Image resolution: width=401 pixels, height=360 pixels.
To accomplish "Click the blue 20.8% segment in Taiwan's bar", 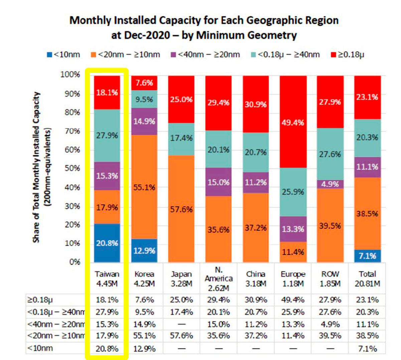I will tap(107, 243).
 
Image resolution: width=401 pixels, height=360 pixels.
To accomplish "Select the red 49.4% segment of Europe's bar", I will tap(293, 122).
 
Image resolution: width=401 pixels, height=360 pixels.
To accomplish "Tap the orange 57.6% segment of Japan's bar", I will tap(181, 209).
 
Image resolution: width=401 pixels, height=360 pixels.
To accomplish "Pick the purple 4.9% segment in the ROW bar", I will tap(330, 184).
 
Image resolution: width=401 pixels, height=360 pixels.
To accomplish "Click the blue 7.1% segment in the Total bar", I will tap(367, 256).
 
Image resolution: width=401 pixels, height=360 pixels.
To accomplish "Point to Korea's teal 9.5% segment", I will tap(144, 99).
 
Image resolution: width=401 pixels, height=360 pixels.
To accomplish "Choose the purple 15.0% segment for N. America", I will tap(218, 182).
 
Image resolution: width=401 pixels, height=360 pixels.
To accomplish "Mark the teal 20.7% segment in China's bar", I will tap(256, 152).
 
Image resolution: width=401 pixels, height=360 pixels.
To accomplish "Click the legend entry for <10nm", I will tap(63, 55).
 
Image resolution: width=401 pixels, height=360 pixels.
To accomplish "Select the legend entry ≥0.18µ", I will tap(348, 55).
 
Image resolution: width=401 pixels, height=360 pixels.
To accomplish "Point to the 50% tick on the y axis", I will tap(72, 168).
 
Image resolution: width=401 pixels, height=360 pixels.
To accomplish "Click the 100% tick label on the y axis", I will tap(70, 74).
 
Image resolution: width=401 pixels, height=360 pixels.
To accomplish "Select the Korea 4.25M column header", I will tap(144, 279).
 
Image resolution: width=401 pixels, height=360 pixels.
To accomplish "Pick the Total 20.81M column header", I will tap(367, 279).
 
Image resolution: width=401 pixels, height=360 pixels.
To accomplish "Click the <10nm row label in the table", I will tap(40, 348).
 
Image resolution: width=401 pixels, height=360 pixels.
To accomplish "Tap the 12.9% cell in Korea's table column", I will tap(144, 348).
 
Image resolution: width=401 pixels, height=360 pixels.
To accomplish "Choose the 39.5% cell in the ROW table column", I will tap(330, 336).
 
